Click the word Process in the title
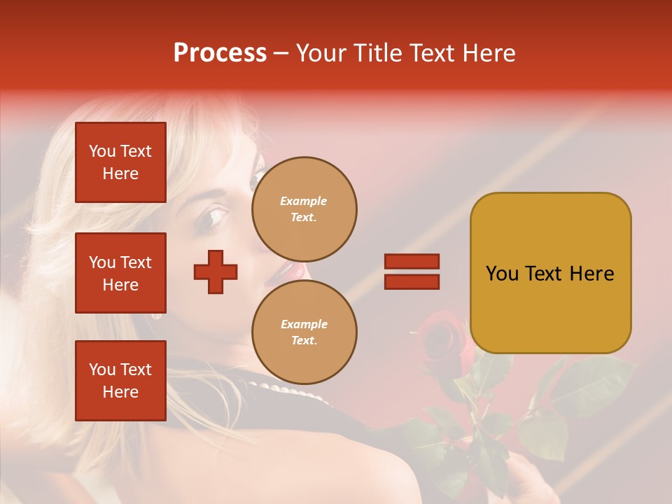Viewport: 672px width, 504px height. [x=220, y=52]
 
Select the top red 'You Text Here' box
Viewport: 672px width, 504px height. [x=120, y=162]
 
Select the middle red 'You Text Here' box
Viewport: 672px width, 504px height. [x=120, y=273]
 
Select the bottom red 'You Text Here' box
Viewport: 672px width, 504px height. [x=120, y=380]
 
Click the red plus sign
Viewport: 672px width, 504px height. [x=216, y=272]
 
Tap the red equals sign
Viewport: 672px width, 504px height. [x=412, y=272]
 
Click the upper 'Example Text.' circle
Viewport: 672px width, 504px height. [x=304, y=209]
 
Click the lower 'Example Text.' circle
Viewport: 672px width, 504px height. [x=304, y=332]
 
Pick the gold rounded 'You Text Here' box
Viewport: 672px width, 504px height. [x=550, y=273]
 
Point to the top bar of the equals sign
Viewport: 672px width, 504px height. [x=412, y=262]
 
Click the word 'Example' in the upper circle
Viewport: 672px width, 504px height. [x=303, y=201]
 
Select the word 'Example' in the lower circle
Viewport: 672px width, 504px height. [x=304, y=324]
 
